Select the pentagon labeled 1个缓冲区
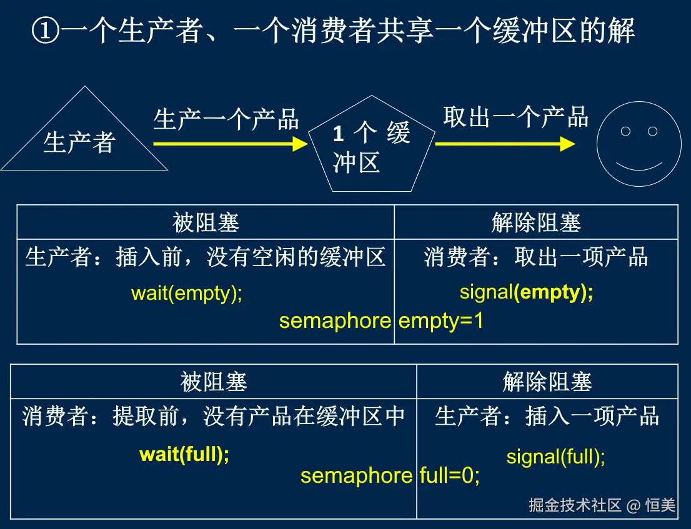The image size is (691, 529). (372, 147)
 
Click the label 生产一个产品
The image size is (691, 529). (226, 119)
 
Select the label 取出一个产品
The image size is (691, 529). (515, 117)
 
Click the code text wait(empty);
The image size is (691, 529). (187, 293)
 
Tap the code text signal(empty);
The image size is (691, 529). (527, 292)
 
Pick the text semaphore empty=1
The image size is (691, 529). (381, 321)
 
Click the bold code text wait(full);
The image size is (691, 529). (184, 454)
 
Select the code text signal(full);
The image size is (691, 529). (555, 457)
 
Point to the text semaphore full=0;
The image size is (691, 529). (390, 476)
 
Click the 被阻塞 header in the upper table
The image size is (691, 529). (206, 222)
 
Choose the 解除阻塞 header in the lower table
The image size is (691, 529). (547, 382)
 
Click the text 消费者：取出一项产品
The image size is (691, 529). (535, 257)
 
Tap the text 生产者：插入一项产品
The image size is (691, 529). (547, 417)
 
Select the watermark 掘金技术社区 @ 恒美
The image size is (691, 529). (602, 505)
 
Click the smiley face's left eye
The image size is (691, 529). (625, 131)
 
